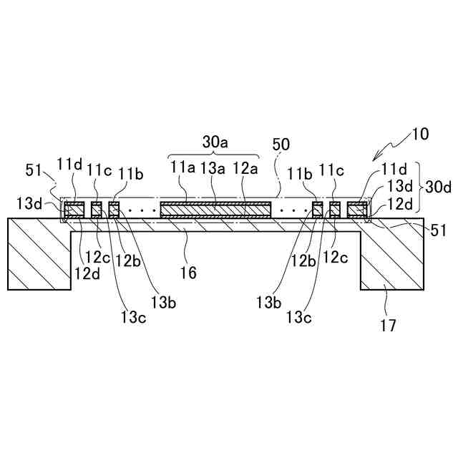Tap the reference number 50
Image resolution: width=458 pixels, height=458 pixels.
click(281, 144)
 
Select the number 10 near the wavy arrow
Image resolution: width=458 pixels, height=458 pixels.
click(421, 133)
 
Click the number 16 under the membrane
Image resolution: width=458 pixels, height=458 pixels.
click(188, 272)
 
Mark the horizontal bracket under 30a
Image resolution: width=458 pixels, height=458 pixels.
click(214, 155)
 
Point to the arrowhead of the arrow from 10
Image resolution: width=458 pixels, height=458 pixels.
click(374, 160)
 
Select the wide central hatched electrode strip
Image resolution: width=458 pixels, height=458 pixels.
click(215, 210)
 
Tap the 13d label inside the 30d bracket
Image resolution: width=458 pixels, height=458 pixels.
click(398, 186)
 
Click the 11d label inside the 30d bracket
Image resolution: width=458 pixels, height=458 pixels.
click(394, 170)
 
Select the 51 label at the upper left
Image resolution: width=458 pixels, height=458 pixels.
click(34, 170)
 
